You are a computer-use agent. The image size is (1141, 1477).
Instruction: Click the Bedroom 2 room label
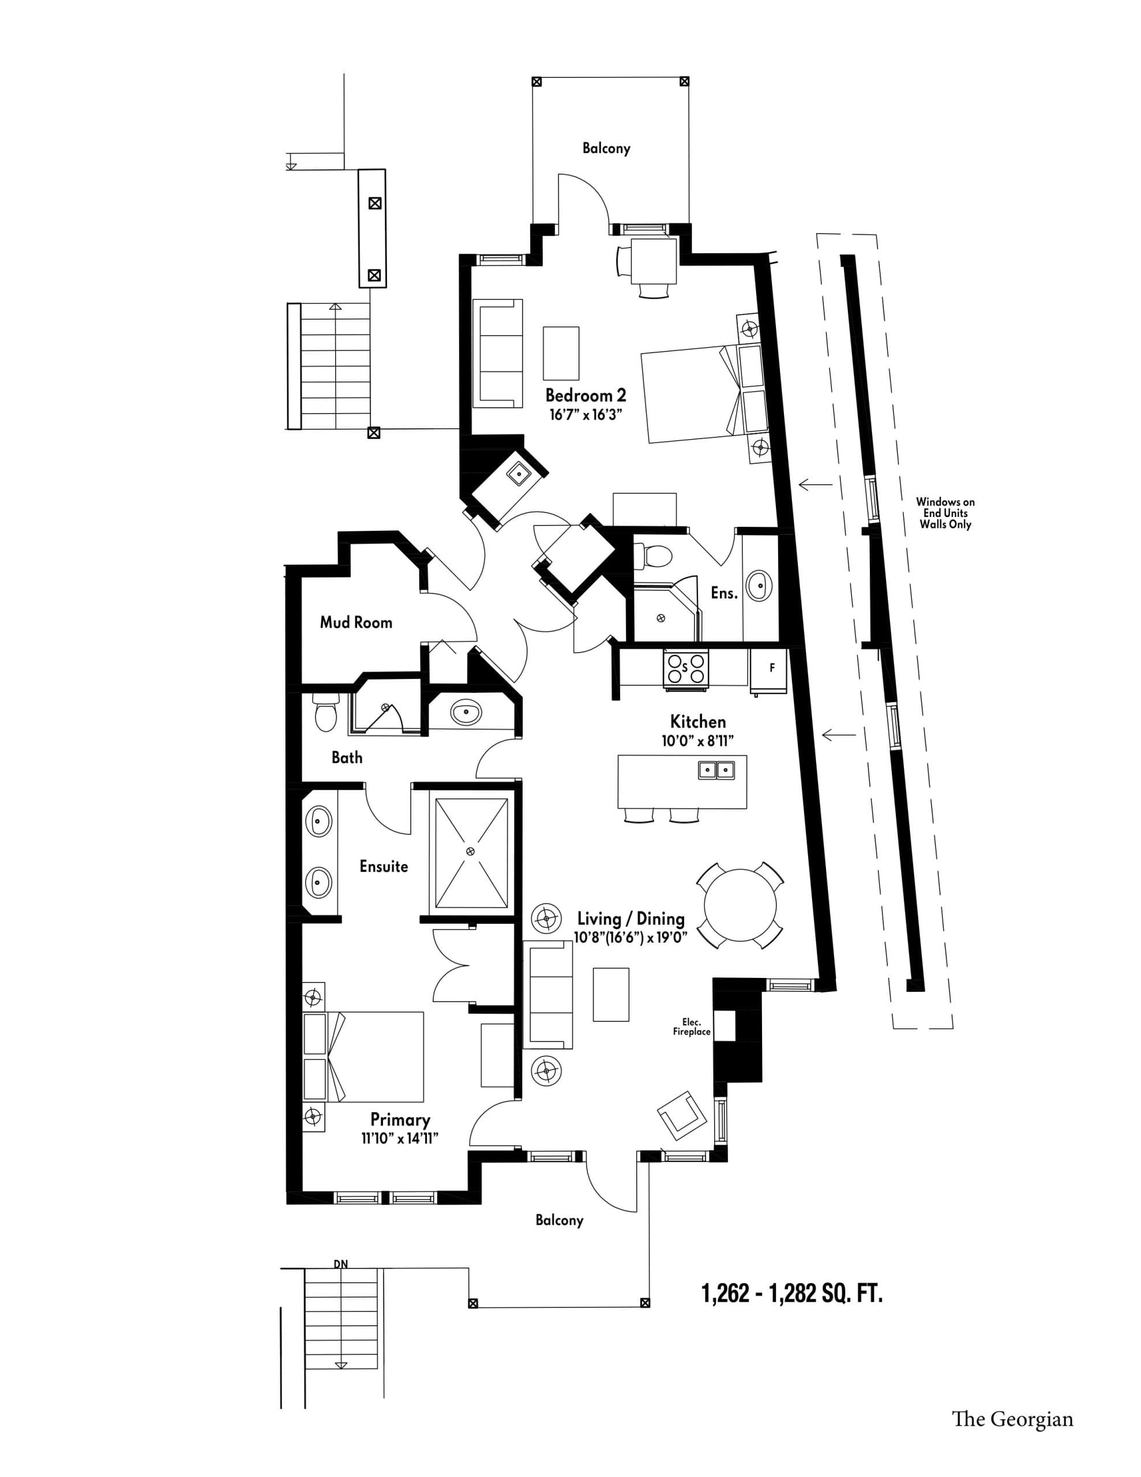585,395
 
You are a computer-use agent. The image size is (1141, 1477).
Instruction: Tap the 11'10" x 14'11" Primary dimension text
400,1139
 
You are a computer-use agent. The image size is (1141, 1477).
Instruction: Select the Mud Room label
356,622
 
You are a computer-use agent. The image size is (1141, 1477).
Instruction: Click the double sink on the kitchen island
716,770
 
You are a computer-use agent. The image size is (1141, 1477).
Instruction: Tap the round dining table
740,905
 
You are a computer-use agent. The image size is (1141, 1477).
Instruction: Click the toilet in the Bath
325,714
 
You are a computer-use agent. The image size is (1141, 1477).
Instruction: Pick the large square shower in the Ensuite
471,853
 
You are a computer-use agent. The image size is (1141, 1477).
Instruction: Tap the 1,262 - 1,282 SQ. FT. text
792,1294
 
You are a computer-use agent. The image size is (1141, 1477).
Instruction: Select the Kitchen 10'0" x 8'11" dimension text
697,741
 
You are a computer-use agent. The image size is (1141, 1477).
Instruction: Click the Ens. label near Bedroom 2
724,593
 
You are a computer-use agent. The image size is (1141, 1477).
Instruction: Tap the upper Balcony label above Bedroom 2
606,148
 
